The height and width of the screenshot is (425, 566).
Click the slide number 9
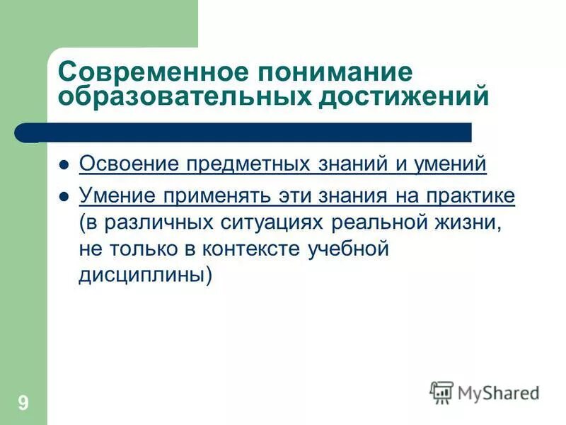(x=23, y=404)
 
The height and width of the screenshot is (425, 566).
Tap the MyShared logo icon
(x=441, y=392)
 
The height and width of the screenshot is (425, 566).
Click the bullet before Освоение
(x=64, y=165)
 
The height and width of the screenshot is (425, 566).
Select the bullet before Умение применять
(x=64, y=196)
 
